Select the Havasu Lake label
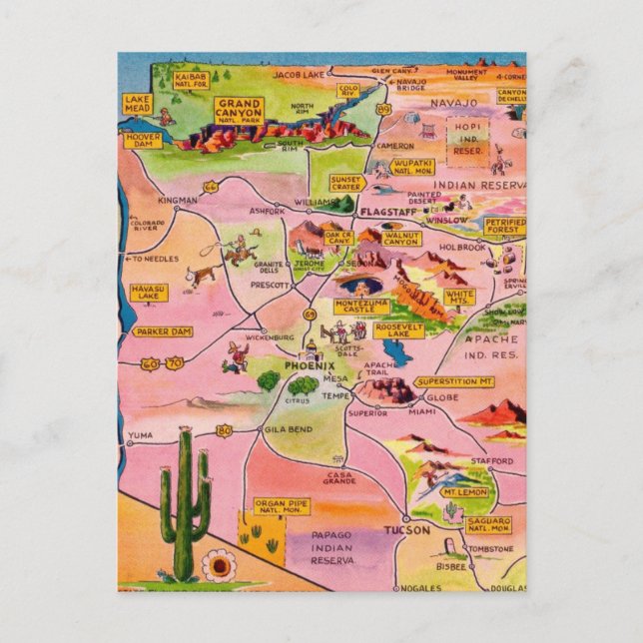146,291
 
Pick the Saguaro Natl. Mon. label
488,523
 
